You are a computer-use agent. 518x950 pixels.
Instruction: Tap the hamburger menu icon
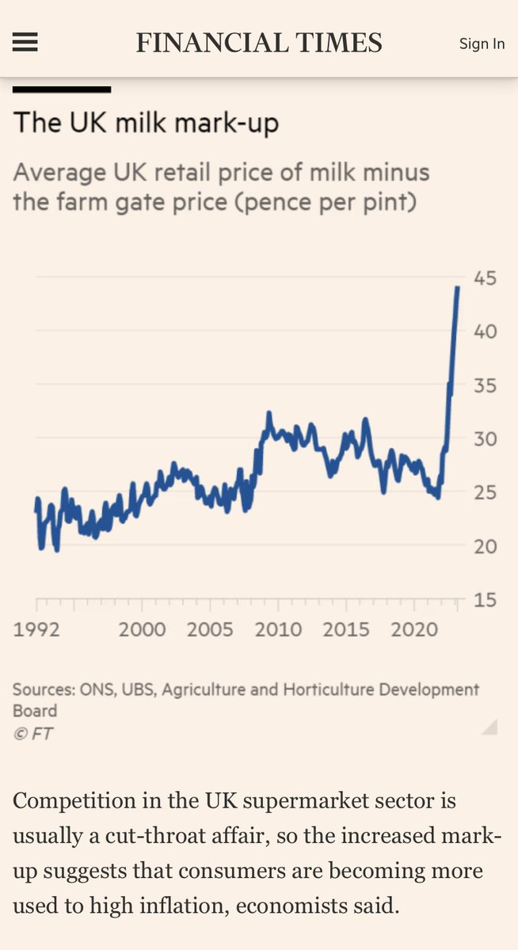(x=25, y=43)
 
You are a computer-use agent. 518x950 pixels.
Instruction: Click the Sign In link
(x=482, y=44)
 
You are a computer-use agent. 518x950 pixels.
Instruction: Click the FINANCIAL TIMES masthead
(x=259, y=43)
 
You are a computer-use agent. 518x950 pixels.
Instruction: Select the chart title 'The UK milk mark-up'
(x=146, y=123)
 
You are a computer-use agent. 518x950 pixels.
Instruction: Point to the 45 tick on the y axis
(x=485, y=278)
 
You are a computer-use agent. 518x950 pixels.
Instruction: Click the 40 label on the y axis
(x=485, y=331)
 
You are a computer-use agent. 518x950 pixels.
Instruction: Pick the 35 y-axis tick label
(x=485, y=386)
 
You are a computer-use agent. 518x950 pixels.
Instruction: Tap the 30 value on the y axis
(x=485, y=439)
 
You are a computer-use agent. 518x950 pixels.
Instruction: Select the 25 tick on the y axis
(x=485, y=492)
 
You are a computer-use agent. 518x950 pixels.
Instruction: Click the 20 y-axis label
(x=485, y=546)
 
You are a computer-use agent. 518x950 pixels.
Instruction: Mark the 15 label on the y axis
(x=485, y=600)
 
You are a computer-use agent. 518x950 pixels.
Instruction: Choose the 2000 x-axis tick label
(x=143, y=629)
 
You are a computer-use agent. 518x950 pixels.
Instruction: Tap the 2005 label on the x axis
(x=211, y=629)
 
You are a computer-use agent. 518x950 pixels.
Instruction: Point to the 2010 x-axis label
(x=279, y=629)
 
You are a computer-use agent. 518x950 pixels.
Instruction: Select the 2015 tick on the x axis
(x=347, y=629)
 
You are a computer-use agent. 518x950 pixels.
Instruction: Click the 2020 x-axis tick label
(x=415, y=629)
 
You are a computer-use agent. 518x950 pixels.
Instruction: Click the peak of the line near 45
(x=457, y=287)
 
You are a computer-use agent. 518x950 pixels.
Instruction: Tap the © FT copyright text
(x=33, y=733)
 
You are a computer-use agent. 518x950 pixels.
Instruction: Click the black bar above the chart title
(x=62, y=89)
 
